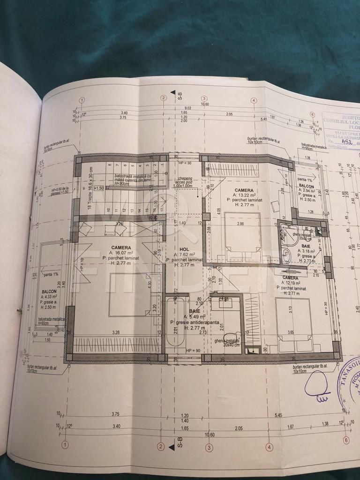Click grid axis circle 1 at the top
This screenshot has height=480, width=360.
coord(82,100)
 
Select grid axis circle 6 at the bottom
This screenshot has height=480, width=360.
coord(346,440)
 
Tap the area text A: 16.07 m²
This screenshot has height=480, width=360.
coord(121,253)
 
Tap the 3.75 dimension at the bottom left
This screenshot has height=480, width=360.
coord(115,414)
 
